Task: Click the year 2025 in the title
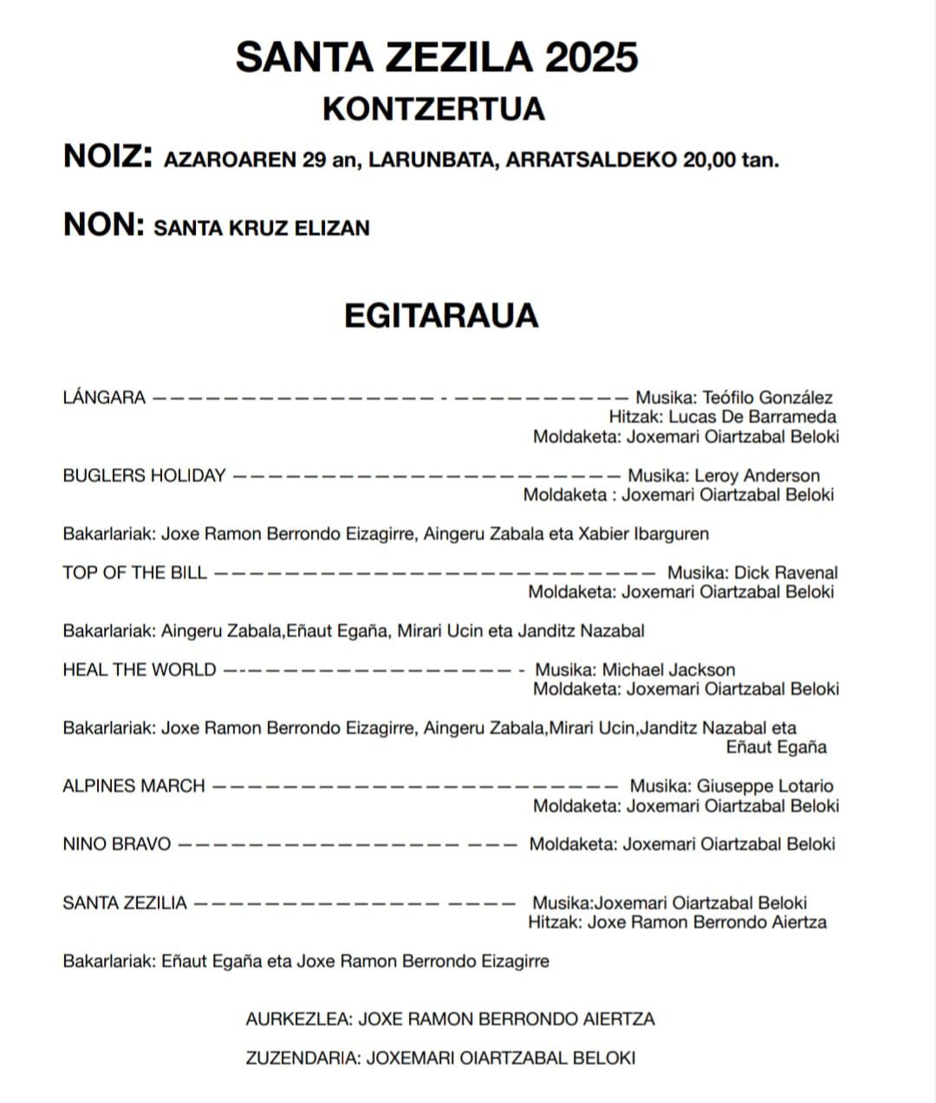point(592,58)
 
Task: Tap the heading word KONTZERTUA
point(433,109)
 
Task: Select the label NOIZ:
point(108,157)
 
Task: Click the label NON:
point(103,224)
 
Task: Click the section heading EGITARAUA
point(441,315)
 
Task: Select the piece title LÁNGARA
point(104,398)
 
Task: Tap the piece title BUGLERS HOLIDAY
point(144,476)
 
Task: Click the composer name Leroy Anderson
point(757,476)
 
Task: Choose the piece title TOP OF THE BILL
point(134,573)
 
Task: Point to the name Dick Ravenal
point(786,573)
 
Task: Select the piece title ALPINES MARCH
point(133,786)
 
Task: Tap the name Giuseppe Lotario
point(765,786)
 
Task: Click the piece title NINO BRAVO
point(116,844)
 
